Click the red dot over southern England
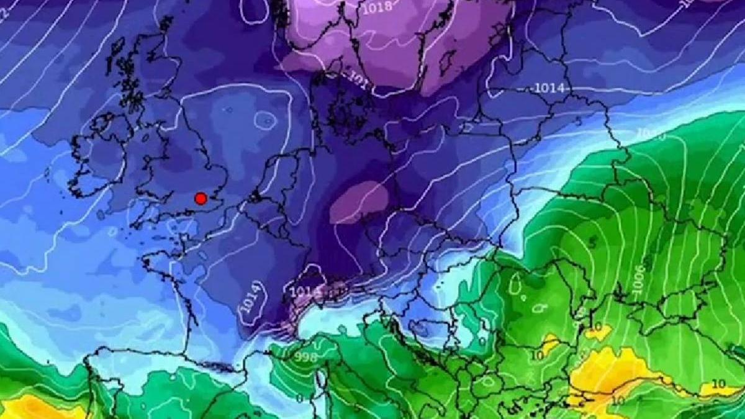(x=201, y=199)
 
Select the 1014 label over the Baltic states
(x=549, y=88)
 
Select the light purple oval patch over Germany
(x=359, y=202)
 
